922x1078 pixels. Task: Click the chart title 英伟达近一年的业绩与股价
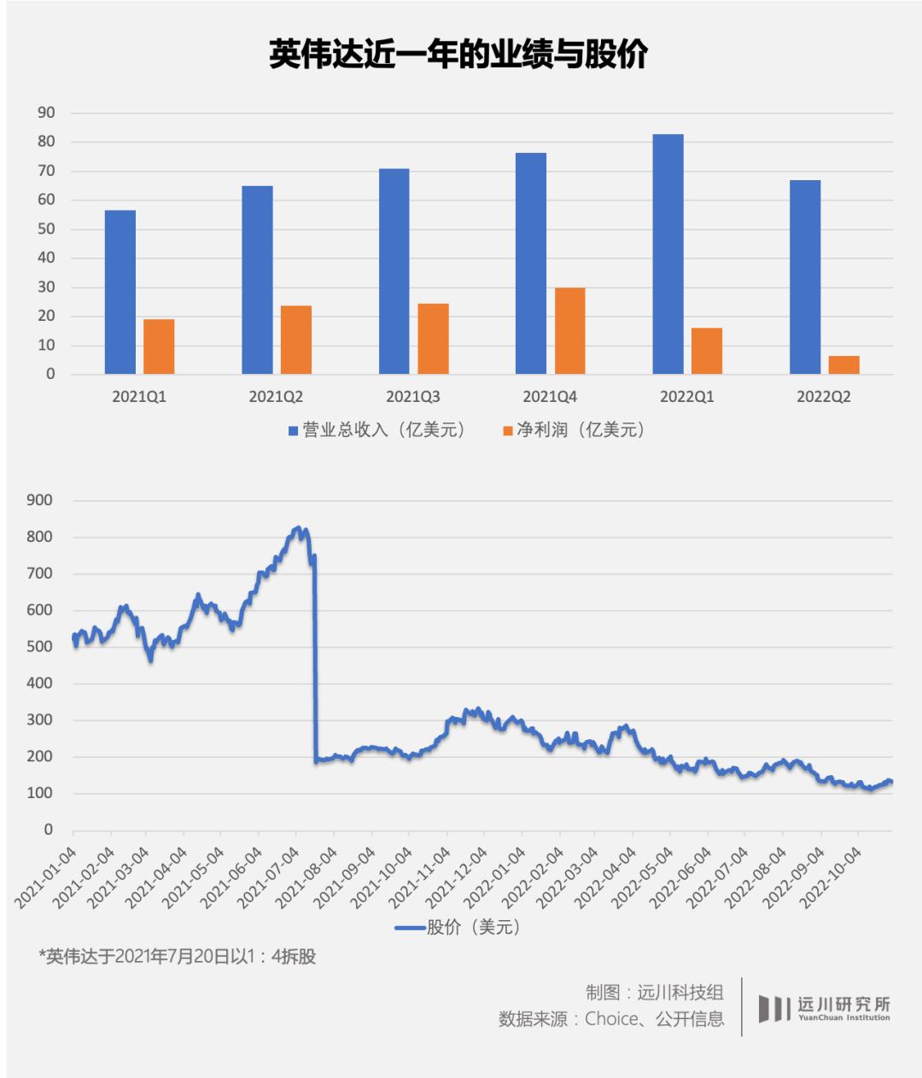click(x=458, y=54)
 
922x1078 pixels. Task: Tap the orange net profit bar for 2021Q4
click(x=569, y=331)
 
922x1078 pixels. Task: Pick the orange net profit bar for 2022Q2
click(x=843, y=365)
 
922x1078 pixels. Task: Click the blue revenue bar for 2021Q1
click(x=120, y=292)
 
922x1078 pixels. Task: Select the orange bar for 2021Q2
click(x=296, y=340)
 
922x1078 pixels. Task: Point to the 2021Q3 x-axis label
click(x=413, y=397)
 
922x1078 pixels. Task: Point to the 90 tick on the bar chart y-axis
click(x=46, y=113)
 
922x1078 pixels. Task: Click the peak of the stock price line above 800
click(x=297, y=528)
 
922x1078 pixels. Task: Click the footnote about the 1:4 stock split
click(x=178, y=957)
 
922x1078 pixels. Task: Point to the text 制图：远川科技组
click(x=655, y=992)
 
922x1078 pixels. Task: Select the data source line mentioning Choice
click(x=611, y=1019)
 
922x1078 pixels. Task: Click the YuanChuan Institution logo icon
click(x=774, y=1008)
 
